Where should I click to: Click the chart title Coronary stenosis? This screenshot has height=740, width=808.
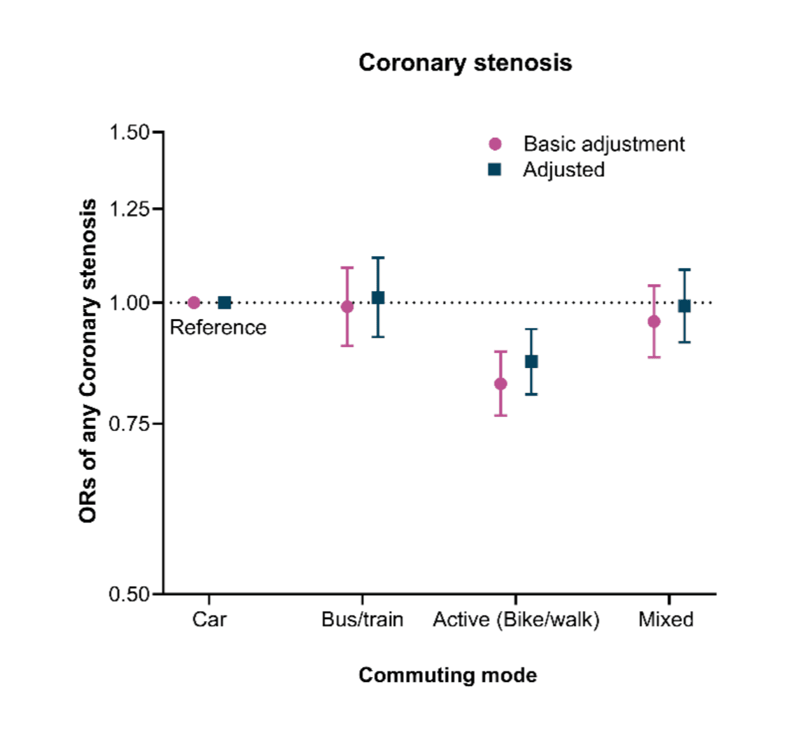[465, 63]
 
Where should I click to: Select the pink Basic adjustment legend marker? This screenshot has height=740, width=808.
[495, 144]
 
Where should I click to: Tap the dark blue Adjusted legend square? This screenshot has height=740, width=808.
[495, 169]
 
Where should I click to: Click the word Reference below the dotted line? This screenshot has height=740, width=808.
[218, 327]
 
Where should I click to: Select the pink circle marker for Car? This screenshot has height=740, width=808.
[194, 303]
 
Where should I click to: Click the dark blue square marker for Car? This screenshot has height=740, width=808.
[224, 303]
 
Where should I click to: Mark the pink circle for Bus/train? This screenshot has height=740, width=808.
[347, 306]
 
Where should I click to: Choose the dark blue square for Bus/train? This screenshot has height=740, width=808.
[377, 298]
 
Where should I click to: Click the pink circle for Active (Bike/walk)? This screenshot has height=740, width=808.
[500, 383]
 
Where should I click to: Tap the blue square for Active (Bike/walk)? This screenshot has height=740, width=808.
[531, 362]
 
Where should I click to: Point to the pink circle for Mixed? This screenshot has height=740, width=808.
[654, 321]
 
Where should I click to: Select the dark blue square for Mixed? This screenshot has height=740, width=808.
[684, 306]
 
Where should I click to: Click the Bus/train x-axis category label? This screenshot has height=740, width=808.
[362, 620]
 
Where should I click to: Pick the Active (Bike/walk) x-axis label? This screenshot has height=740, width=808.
[516, 620]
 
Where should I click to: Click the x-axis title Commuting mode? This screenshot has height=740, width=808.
[447, 675]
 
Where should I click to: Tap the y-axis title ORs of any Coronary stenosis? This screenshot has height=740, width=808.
[88, 361]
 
